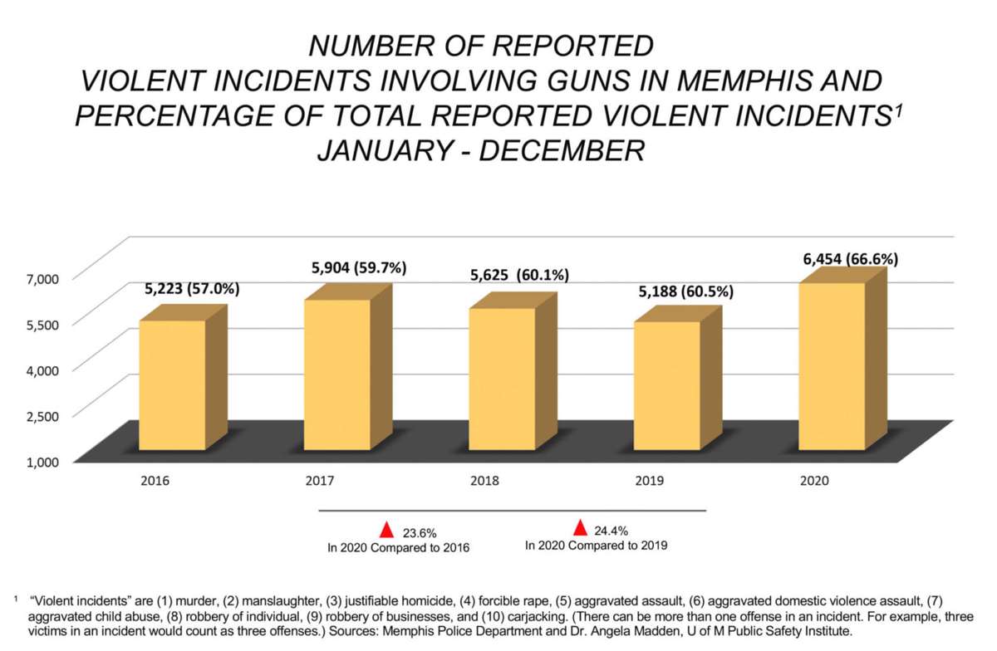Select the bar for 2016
pos(172,385)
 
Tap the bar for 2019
pos(666,386)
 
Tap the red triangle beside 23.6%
pos(386,530)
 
